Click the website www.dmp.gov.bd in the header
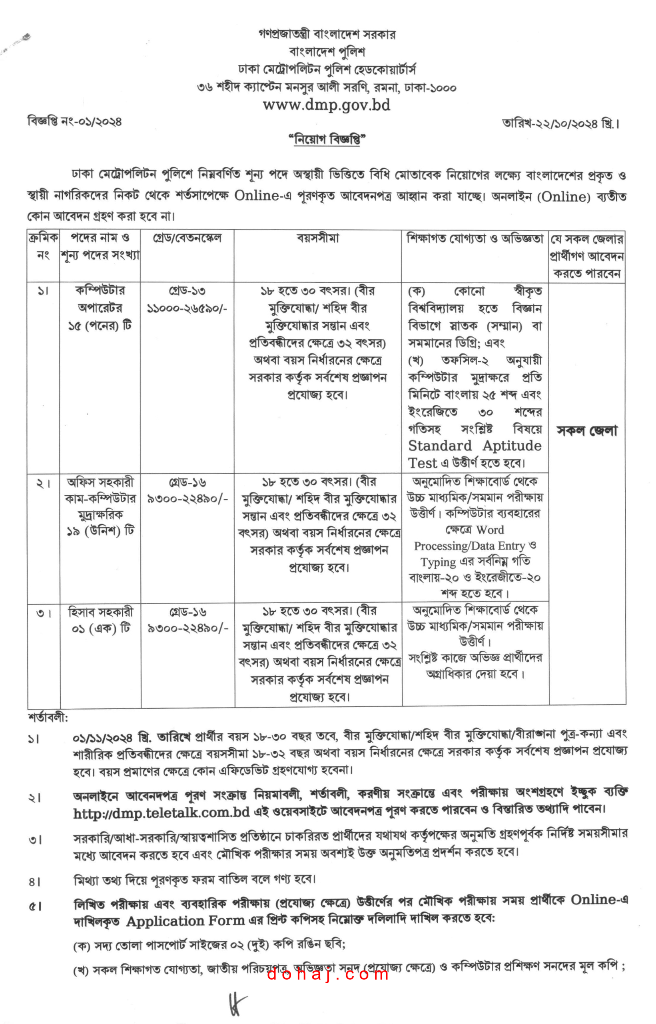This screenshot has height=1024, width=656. pyautogui.click(x=326, y=105)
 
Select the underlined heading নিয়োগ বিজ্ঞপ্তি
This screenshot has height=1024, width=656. pyautogui.click(x=327, y=139)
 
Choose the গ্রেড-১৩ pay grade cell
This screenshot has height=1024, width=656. pyautogui.click(x=187, y=291)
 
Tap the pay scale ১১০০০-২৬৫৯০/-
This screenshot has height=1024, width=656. pyautogui.click(x=187, y=308)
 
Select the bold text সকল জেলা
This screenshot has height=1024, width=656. pyautogui.click(x=586, y=431)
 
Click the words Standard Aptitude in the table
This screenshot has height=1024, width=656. pyautogui.click(x=475, y=446)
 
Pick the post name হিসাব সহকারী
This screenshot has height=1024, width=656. pyautogui.click(x=100, y=612)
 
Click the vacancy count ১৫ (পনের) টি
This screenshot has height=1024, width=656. pyautogui.click(x=100, y=326)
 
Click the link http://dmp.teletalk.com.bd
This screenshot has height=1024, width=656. pyautogui.click(x=161, y=813)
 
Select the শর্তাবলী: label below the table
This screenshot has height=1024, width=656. pyautogui.click(x=48, y=718)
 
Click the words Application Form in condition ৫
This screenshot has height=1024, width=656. pyautogui.click(x=185, y=921)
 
